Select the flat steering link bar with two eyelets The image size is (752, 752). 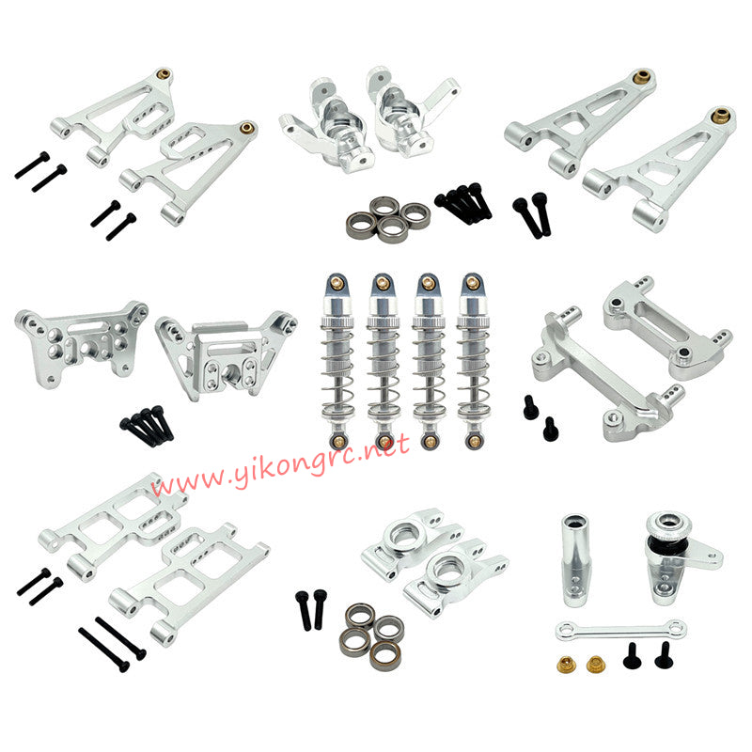[x=620, y=629]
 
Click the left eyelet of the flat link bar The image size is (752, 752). [x=564, y=631]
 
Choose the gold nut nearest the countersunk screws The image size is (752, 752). [x=595, y=665]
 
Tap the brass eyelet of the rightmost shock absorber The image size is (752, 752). [x=472, y=442]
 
